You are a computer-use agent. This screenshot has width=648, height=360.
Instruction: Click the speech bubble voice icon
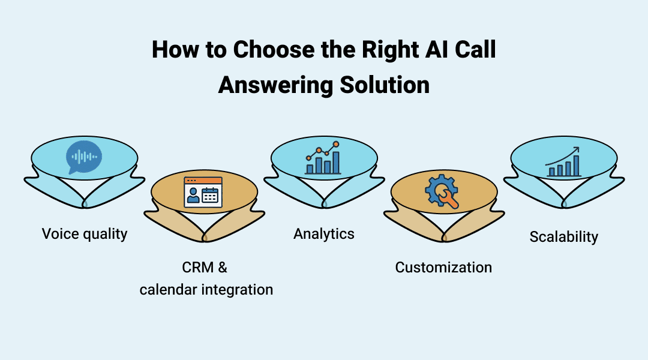click(x=83, y=157)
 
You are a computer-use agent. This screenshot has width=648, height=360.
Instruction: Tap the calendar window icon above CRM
click(x=203, y=192)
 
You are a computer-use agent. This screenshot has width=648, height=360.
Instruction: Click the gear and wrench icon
click(x=443, y=193)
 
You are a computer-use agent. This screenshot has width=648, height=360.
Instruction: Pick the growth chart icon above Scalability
click(x=563, y=161)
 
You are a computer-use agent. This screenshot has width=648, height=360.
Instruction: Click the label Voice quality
click(x=85, y=233)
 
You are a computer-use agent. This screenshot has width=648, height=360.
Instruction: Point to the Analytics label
click(x=324, y=233)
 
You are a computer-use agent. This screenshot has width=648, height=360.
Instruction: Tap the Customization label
click(x=443, y=267)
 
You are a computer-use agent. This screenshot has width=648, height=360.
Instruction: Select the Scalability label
click(x=563, y=236)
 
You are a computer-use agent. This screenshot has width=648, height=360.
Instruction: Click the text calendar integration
click(x=206, y=290)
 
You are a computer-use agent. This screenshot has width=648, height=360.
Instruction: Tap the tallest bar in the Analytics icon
click(x=336, y=162)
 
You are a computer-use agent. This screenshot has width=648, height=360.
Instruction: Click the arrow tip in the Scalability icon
click(x=577, y=149)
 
